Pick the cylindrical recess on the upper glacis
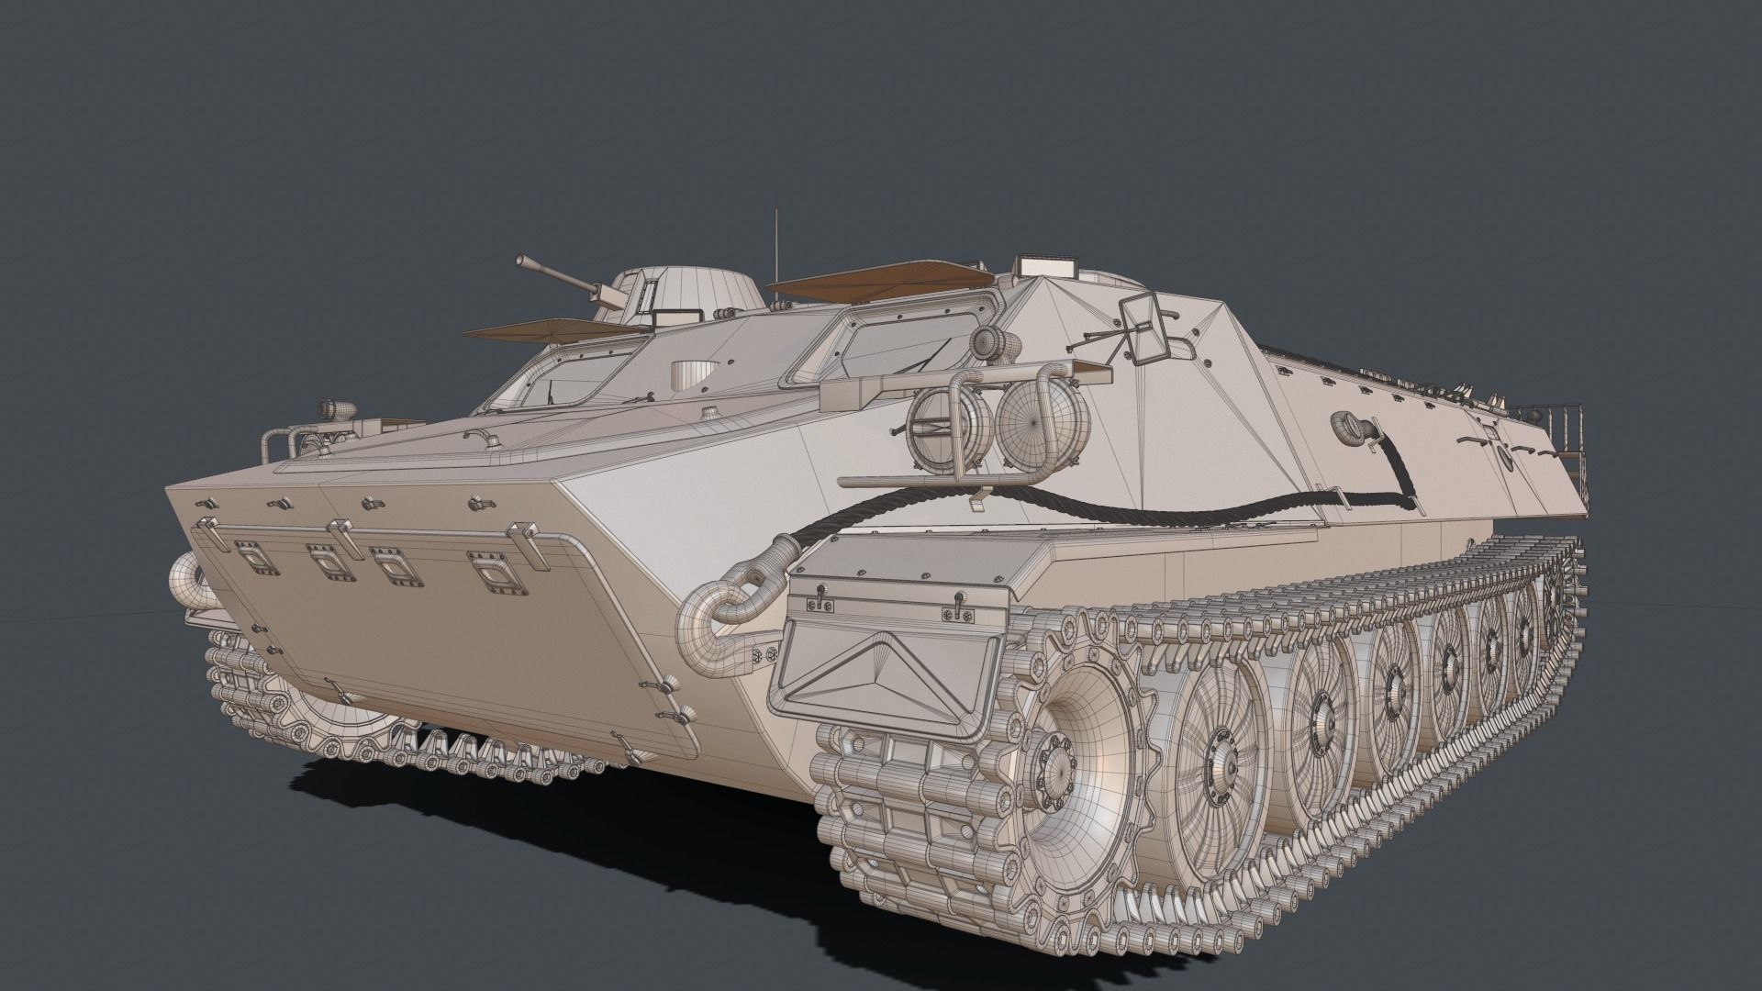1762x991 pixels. pos(690,373)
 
